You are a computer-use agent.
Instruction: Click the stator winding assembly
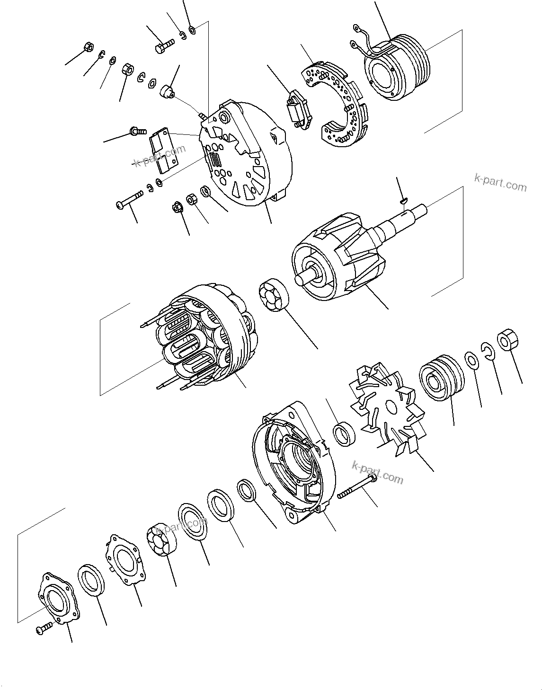pyautogui.click(x=204, y=336)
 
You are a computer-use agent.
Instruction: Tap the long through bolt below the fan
pyautogui.click(x=357, y=487)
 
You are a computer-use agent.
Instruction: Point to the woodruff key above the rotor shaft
pyautogui.click(x=403, y=201)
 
